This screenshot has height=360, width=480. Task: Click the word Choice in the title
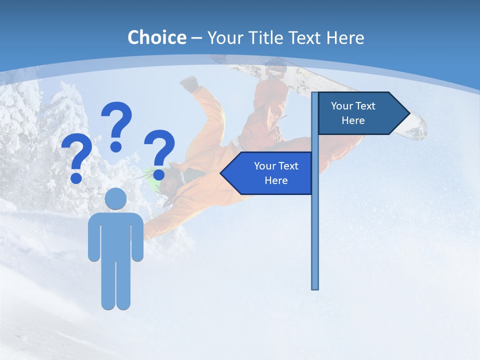click(x=156, y=37)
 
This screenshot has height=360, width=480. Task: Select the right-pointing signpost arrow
click(x=362, y=113)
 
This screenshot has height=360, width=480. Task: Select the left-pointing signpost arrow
click(x=267, y=173)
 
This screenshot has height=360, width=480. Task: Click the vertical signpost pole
click(x=314, y=225)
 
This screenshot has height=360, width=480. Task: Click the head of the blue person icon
click(x=115, y=198)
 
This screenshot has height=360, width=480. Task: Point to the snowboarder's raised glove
click(x=189, y=83)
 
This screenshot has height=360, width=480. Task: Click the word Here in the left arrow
click(x=276, y=180)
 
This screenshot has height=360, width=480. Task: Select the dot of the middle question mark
click(x=116, y=146)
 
